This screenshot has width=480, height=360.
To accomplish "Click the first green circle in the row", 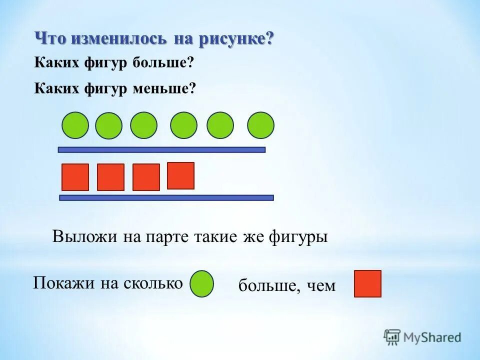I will pos(75,125).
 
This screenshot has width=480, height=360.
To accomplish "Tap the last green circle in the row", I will pos(260,125).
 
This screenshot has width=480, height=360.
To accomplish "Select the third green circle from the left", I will pos(143,125).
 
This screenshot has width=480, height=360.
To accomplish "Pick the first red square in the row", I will pos(75,177).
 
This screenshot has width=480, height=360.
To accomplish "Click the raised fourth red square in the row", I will pos(180,175).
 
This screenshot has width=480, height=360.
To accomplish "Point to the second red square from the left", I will pos(110,177).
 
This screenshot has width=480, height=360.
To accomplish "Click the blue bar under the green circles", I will pos(161,149).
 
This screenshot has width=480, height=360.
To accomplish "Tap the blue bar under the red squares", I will pos(166,197).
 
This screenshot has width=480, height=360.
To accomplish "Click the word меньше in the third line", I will pos(164,89).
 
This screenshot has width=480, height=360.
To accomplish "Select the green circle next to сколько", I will pos(202,284).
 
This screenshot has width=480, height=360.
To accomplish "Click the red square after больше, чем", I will pos(367,284).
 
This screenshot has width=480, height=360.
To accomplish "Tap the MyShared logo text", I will pos(431,337).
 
